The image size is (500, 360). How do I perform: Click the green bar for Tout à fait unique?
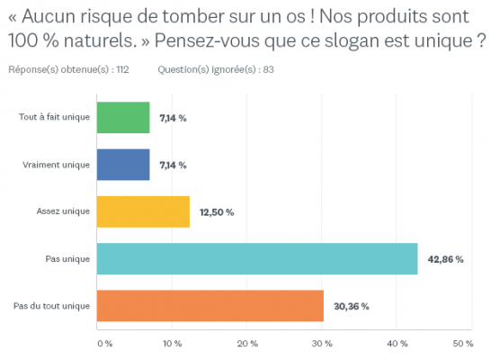pos(123,118)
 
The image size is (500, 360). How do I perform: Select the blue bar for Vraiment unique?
pos(123,165)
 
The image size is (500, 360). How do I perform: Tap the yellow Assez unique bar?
pos(143,212)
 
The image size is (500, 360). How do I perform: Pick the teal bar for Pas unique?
pos(257,259)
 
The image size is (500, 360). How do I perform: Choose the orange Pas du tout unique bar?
pos(210,306)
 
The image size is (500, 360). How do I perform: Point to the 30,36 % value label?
pos(351,306)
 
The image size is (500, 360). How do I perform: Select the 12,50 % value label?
pos(216,212)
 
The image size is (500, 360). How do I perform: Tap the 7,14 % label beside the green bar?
pos(173,118)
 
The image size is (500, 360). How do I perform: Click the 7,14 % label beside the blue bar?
pos(173,165)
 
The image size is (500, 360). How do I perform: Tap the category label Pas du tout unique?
pos(51,306)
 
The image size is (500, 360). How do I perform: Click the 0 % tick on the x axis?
pos(103,344)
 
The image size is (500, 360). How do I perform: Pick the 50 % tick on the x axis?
pos(462,344)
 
